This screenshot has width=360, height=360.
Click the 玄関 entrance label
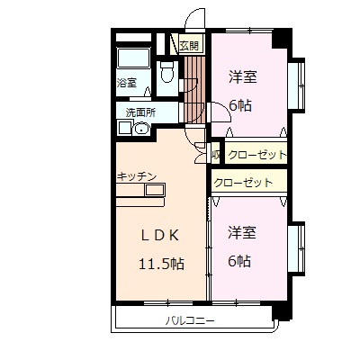[189, 45]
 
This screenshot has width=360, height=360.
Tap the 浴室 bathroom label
[126, 84]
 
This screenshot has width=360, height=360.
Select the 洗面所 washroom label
[140, 112]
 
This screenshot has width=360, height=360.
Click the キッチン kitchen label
[137, 175]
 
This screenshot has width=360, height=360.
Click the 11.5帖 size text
[162, 265]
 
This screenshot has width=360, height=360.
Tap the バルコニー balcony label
[189, 320]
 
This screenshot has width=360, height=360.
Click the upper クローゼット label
[257, 155]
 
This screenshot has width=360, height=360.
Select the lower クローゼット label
[244, 183]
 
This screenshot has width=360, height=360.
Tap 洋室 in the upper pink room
[243, 76]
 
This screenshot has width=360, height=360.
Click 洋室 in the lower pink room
[242, 232]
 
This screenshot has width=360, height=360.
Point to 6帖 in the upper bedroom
[239, 103]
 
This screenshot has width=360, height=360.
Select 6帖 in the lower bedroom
[239, 261]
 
